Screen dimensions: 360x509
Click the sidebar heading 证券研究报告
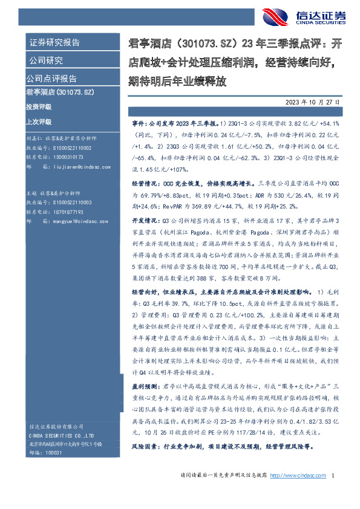(55, 42)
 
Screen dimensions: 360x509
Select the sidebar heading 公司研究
(46, 60)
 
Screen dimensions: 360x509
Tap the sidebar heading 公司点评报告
(51, 79)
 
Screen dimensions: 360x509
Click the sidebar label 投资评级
(39, 106)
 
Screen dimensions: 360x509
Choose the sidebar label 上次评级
(39, 120)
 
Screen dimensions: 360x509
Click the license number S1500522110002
(70, 148)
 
